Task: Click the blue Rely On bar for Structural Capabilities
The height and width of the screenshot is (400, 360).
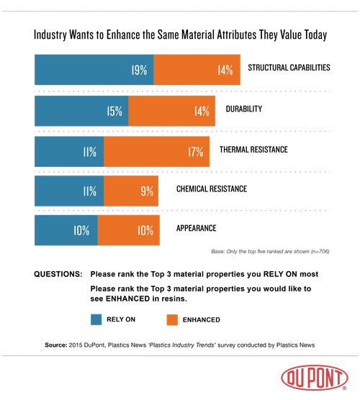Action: tap(94, 71)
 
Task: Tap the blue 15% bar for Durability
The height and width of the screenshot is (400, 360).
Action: tap(81, 111)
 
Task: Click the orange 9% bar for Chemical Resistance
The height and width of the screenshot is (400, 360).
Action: tap(135, 191)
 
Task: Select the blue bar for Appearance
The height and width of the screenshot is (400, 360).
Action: tap(66, 231)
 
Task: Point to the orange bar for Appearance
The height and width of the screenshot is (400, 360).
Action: tap(129, 231)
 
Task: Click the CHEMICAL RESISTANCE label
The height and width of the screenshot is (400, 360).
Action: tap(212, 189)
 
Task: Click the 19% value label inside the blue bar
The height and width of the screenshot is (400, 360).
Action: tap(139, 71)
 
